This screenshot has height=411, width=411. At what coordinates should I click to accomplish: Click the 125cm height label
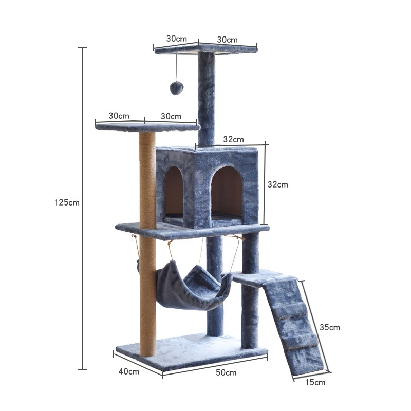click(x=67, y=202)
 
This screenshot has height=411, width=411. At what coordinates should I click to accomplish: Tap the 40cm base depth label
click(x=129, y=371)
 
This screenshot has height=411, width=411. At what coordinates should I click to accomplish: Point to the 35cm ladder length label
click(x=329, y=327)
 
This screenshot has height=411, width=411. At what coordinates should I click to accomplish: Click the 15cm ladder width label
click(x=315, y=382)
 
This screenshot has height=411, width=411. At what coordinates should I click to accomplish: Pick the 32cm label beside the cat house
click(x=278, y=184)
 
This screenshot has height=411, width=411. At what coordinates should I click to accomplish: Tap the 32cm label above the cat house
click(x=234, y=139)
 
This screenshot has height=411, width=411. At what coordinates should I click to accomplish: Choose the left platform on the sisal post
click(x=146, y=126)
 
